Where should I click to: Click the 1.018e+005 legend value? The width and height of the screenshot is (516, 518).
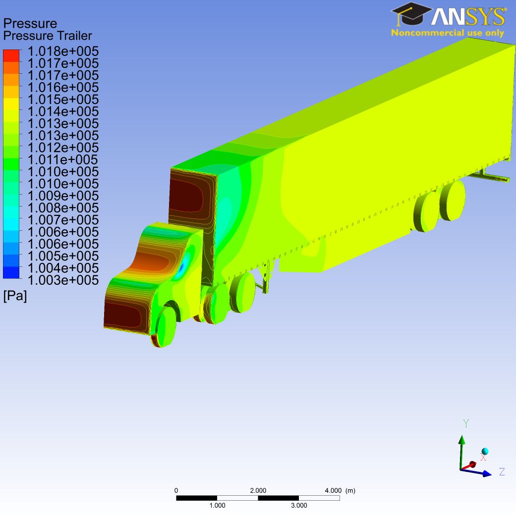(63, 51)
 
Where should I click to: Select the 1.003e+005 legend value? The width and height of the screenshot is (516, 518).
(63, 280)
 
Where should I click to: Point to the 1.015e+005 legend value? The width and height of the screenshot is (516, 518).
(63, 100)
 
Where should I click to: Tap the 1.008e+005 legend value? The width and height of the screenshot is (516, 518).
(63, 208)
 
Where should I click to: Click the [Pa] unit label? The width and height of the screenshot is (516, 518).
(15, 296)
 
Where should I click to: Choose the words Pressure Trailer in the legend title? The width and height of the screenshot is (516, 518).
(48, 36)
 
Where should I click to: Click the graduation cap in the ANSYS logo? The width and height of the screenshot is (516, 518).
(411, 14)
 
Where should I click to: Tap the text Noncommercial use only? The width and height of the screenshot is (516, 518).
(447, 33)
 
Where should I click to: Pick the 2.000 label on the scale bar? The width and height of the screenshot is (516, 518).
(258, 491)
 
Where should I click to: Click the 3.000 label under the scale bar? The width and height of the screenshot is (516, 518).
(299, 506)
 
